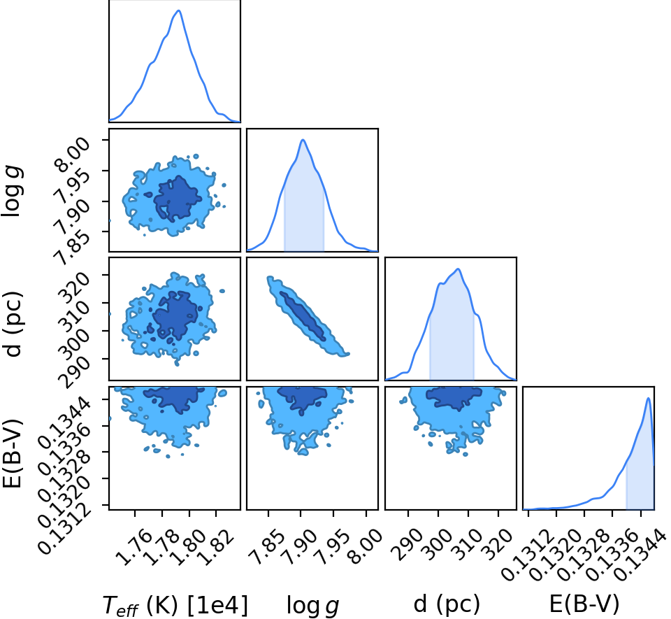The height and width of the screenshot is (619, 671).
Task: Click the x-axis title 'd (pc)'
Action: pyautogui.click(x=447, y=605)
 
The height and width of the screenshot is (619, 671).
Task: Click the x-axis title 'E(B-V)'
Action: pyautogui.click(x=584, y=604)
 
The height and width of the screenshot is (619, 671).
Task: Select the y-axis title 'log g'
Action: pyautogui.click(x=12, y=192)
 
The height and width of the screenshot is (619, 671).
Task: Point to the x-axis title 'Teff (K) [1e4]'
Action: pyautogui.click(x=175, y=605)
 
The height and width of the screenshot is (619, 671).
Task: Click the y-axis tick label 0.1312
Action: pyautogui.click(x=64, y=529)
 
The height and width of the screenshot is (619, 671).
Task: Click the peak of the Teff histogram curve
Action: pyautogui.click(x=179, y=10)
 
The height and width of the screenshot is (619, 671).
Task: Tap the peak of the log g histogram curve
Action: pyautogui.click(x=303, y=140)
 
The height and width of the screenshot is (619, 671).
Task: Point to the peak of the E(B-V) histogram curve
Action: pyautogui.click(x=649, y=398)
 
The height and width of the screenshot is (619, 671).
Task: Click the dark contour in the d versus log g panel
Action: pyautogui.click(x=303, y=316)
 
